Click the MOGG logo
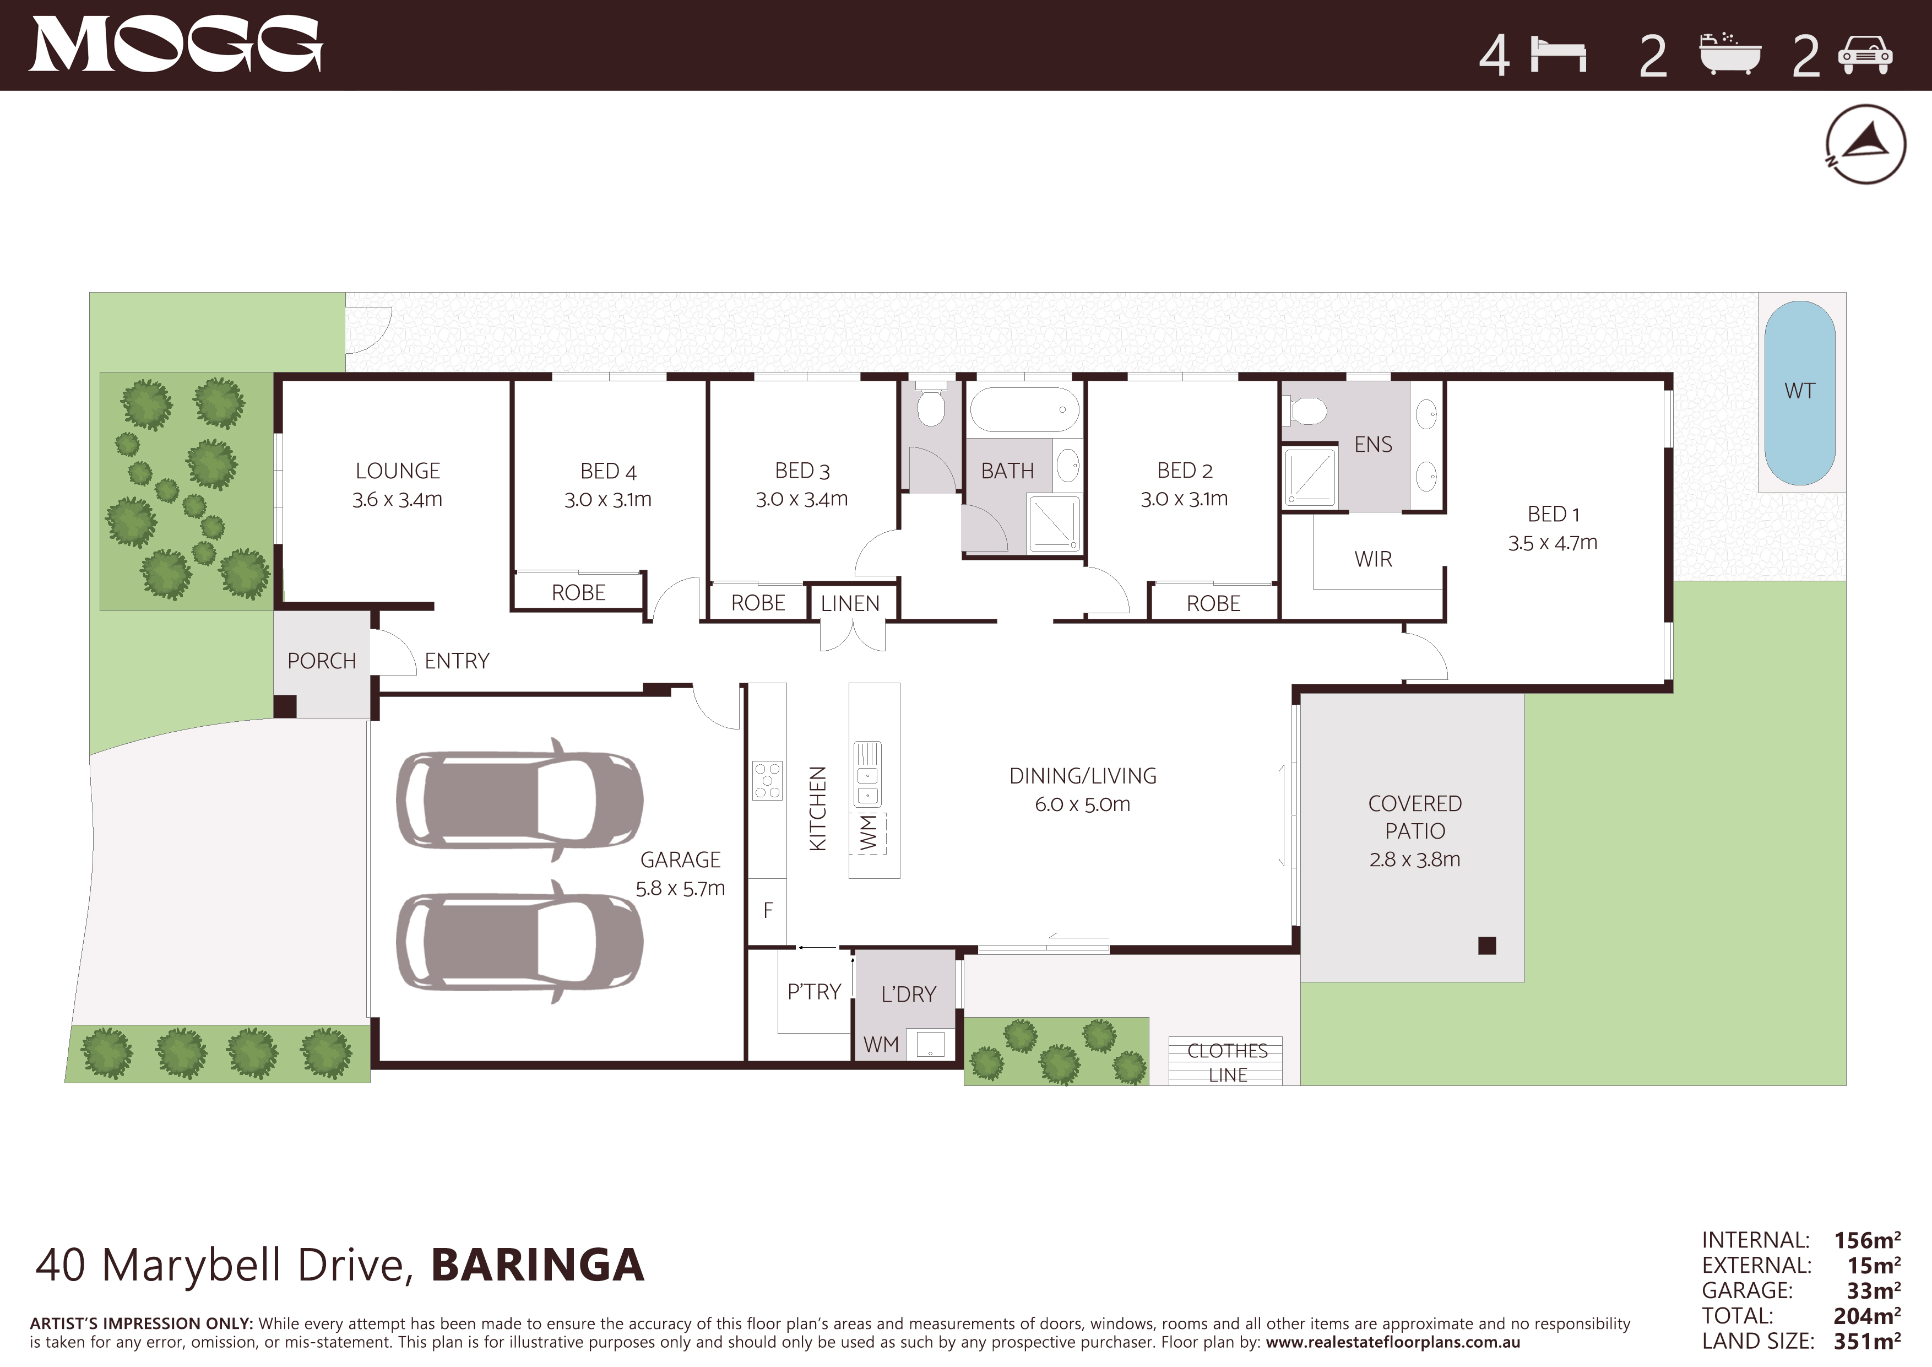(176, 45)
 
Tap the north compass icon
(1865, 144)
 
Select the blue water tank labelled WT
(1800, 392)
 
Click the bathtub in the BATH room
(1024, 410)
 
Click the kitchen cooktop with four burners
(767, 780)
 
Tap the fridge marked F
(767, 911)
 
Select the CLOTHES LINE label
(1227, 1062)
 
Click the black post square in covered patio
(1487, 945)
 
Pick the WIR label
(1373, 559)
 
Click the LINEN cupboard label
(850, 603)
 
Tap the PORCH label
(322, 661)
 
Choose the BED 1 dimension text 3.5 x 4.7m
(1553, 543)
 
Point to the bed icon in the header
(1559, 56)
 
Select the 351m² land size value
(1867, 1341)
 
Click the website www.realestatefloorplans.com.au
(1393, 1343)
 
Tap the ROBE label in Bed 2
(1213, 603)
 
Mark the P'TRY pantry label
(813, 992)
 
